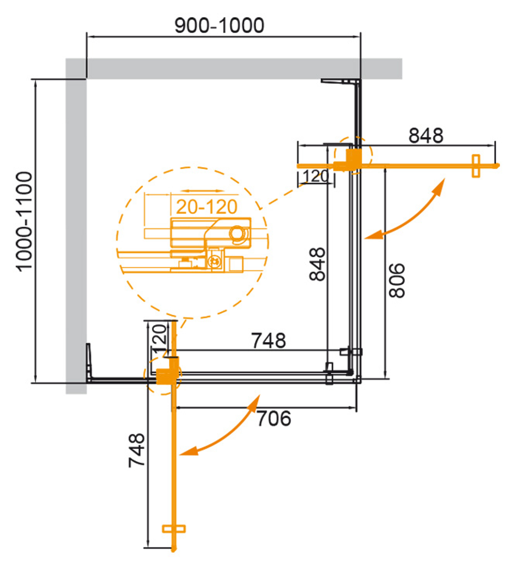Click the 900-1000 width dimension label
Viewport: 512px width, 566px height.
pyautogui.click(x=219, y=25)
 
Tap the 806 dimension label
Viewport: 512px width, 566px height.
pyautogui.click(x=397, y=280)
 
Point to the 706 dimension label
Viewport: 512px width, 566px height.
pyautogui.click(x=273, y=419)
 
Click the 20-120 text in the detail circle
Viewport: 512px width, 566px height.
pyautogui.click(x=207, y=207)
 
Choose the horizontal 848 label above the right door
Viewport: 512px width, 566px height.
pyautogui.click(x=425, y=135)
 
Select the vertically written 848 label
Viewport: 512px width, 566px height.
pyautogui.click(x=317, y=264)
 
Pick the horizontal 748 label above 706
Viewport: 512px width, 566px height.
pyautogui.click(x=268, y=340)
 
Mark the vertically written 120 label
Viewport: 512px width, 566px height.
pyautogui.click(x=159, y=336)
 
